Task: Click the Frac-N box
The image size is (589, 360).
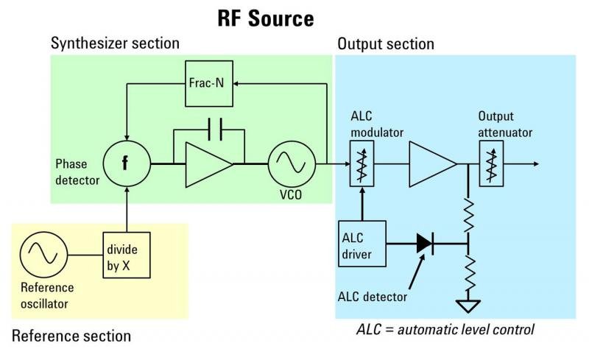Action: tap(209, 83)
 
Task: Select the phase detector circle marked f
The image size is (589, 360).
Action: tap(126, 163)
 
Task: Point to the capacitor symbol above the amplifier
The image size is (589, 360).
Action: tap(209, 130)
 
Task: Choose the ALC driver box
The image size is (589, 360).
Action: tap(360, 242)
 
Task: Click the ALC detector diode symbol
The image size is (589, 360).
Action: tap(426, 242)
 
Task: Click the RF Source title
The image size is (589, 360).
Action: tap(266, 18)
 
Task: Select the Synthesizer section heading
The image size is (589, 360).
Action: tap(115, 43)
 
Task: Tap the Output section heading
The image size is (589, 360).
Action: tap(386, 44)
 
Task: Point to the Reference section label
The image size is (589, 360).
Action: tap(71, 336)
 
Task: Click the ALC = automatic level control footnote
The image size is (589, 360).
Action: tap(445, 328)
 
